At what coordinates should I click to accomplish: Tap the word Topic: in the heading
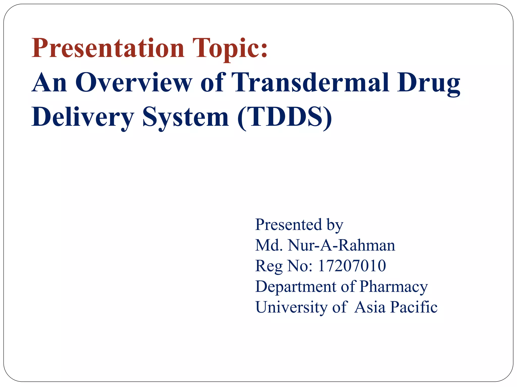pyautogui.click(x=230, y=48)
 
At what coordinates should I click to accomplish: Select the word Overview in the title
pyautogui.click(x=134, y=83)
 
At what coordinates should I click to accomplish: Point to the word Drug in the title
pyautogui.click(x=428, y=83)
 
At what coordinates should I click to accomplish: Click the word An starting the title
pyautogui.click(x=49, y=83)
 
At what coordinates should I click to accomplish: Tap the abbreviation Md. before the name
pyautogui.click(x=269, y=245)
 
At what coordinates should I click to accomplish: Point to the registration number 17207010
pyautogui.click(x=352, y=266)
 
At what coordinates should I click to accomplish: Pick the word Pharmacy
pyautogui.click(x=394, y=287)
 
